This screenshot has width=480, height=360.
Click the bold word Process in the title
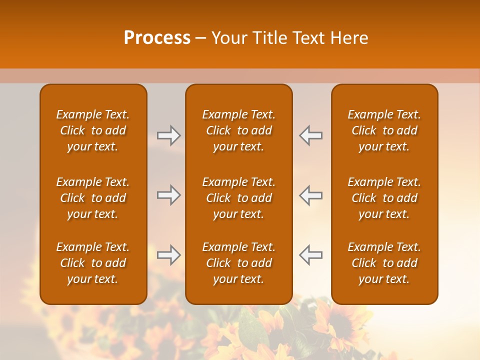tap(157, 38)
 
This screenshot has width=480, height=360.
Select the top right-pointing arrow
tap(168, 135)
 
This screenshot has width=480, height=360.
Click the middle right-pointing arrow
tap(168, 195)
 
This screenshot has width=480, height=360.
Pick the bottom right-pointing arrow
tap(168, 255)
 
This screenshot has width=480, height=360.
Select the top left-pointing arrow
tap(310, 135)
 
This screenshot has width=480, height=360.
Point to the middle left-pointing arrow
tap(310, 195)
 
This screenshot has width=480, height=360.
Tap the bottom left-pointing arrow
tap(310, 255)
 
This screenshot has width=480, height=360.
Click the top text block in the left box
tap(93, 130)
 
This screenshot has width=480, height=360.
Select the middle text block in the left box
tap(93, 198)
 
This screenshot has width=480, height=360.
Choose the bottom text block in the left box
tap(93, 263)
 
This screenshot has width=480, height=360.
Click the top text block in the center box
tap(238, 130)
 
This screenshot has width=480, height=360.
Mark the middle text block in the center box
tap(238, 198)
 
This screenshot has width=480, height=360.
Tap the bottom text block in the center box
tap(238, 263)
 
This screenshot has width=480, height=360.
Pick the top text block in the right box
tap(384, 130)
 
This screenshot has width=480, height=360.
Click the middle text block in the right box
tap(384, 198)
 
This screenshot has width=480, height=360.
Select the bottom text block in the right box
tap(384, 263)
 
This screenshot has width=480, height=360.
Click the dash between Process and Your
tap(201, 38)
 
